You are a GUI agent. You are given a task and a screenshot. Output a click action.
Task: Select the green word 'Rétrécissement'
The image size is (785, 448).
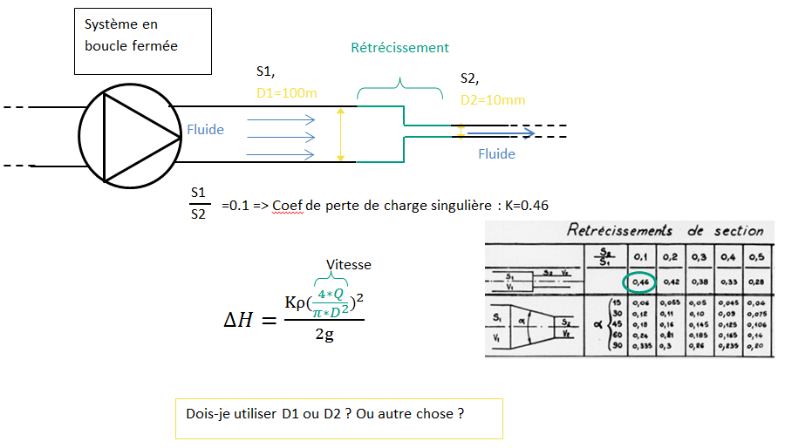point(399,48)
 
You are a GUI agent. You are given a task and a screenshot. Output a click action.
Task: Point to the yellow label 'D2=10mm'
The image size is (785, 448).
point(493,99)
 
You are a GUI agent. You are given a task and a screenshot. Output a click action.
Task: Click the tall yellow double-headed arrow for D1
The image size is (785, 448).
point(341,134)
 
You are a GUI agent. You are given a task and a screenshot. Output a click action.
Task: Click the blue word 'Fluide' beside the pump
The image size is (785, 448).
point(206,130)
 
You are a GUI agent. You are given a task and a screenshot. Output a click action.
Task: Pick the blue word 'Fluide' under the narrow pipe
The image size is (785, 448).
point(496,154)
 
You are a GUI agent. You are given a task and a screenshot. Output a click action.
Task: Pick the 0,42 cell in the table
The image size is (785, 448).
point(671,282)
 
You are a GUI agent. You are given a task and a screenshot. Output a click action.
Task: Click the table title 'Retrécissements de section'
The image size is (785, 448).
point(665,231)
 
